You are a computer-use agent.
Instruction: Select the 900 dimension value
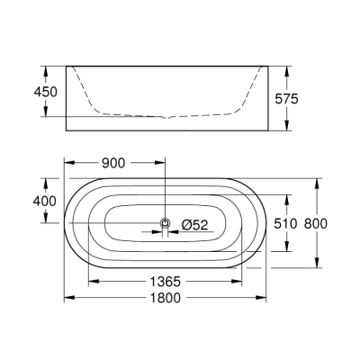coord(113,163)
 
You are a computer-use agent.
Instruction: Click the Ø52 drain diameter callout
coord(195,224)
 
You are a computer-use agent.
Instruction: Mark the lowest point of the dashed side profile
coord(165,117)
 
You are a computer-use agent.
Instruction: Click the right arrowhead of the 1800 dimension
coord(265,299)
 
